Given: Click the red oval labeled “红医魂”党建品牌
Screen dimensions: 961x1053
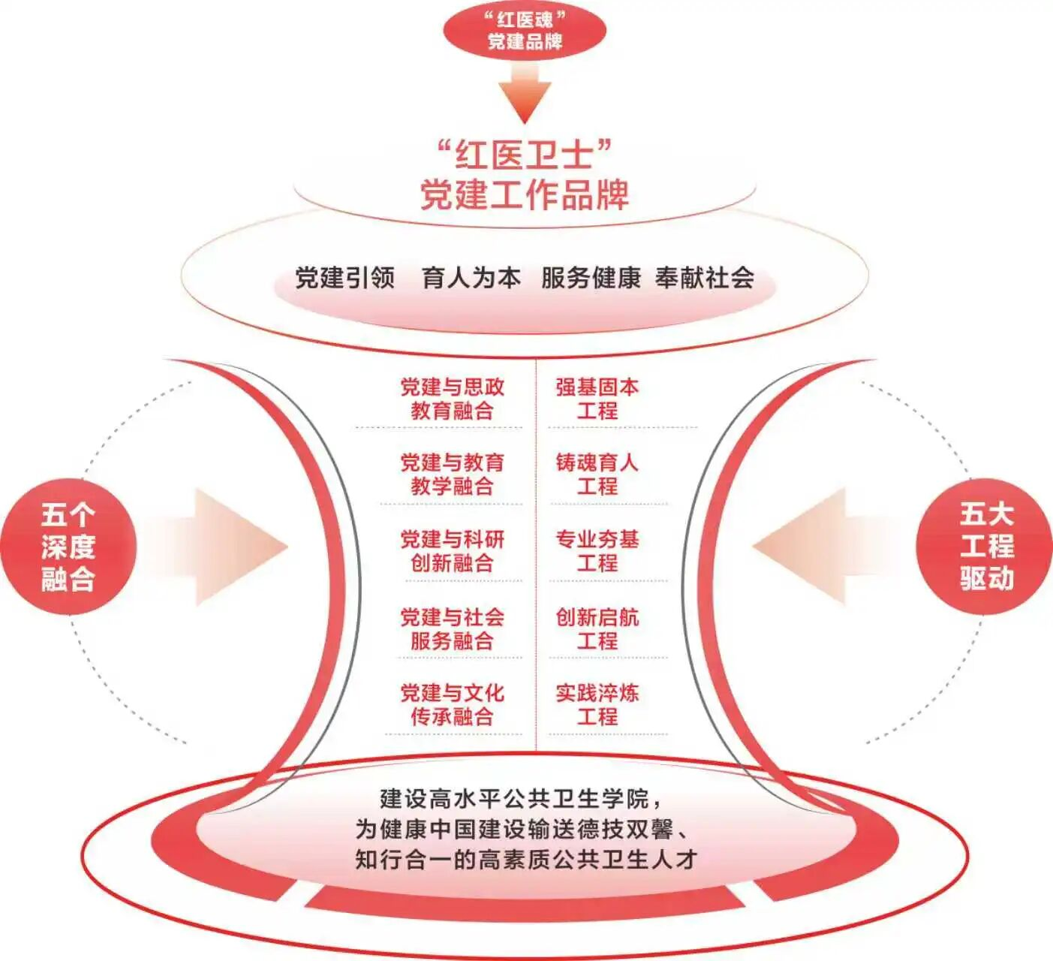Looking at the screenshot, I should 525,31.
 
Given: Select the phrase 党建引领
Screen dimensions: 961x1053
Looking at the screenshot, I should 344,278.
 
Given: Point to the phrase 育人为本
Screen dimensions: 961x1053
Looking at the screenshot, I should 471,278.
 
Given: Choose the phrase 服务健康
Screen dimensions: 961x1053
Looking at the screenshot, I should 591,278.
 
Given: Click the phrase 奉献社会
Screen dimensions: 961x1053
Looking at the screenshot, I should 705,278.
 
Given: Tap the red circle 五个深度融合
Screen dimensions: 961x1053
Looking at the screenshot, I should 68,547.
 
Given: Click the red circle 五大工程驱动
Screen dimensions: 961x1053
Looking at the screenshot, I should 985,547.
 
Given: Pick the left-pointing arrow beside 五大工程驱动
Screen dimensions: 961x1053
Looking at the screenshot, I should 818,547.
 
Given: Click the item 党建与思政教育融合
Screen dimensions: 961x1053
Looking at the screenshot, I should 452,399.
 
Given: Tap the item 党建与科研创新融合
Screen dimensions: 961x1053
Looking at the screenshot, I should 452,551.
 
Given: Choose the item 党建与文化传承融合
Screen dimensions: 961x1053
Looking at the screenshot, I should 452,704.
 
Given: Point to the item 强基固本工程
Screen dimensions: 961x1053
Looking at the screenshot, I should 597,399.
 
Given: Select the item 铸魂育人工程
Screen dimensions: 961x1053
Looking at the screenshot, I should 597,474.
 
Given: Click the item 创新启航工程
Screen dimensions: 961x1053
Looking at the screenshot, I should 597,629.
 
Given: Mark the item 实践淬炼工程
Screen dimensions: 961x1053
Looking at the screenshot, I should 597,704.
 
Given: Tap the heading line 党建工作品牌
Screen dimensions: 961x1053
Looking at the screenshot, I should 525,195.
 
